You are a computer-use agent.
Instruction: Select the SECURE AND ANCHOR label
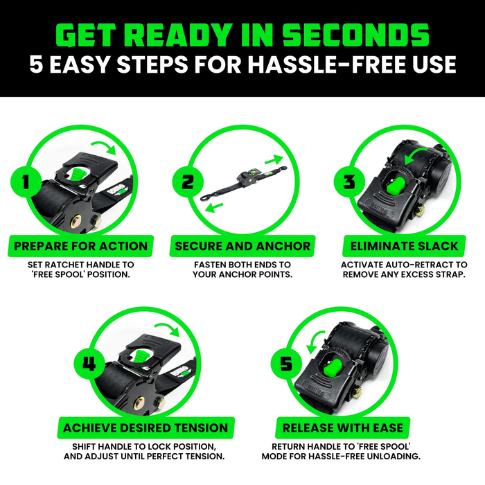point(242,245)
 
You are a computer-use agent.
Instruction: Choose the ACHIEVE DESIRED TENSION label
point(145,427)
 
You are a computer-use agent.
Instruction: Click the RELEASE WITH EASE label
point(342,427)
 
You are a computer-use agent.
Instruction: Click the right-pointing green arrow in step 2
point(277,160)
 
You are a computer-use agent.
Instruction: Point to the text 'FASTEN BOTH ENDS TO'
point(242,265)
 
